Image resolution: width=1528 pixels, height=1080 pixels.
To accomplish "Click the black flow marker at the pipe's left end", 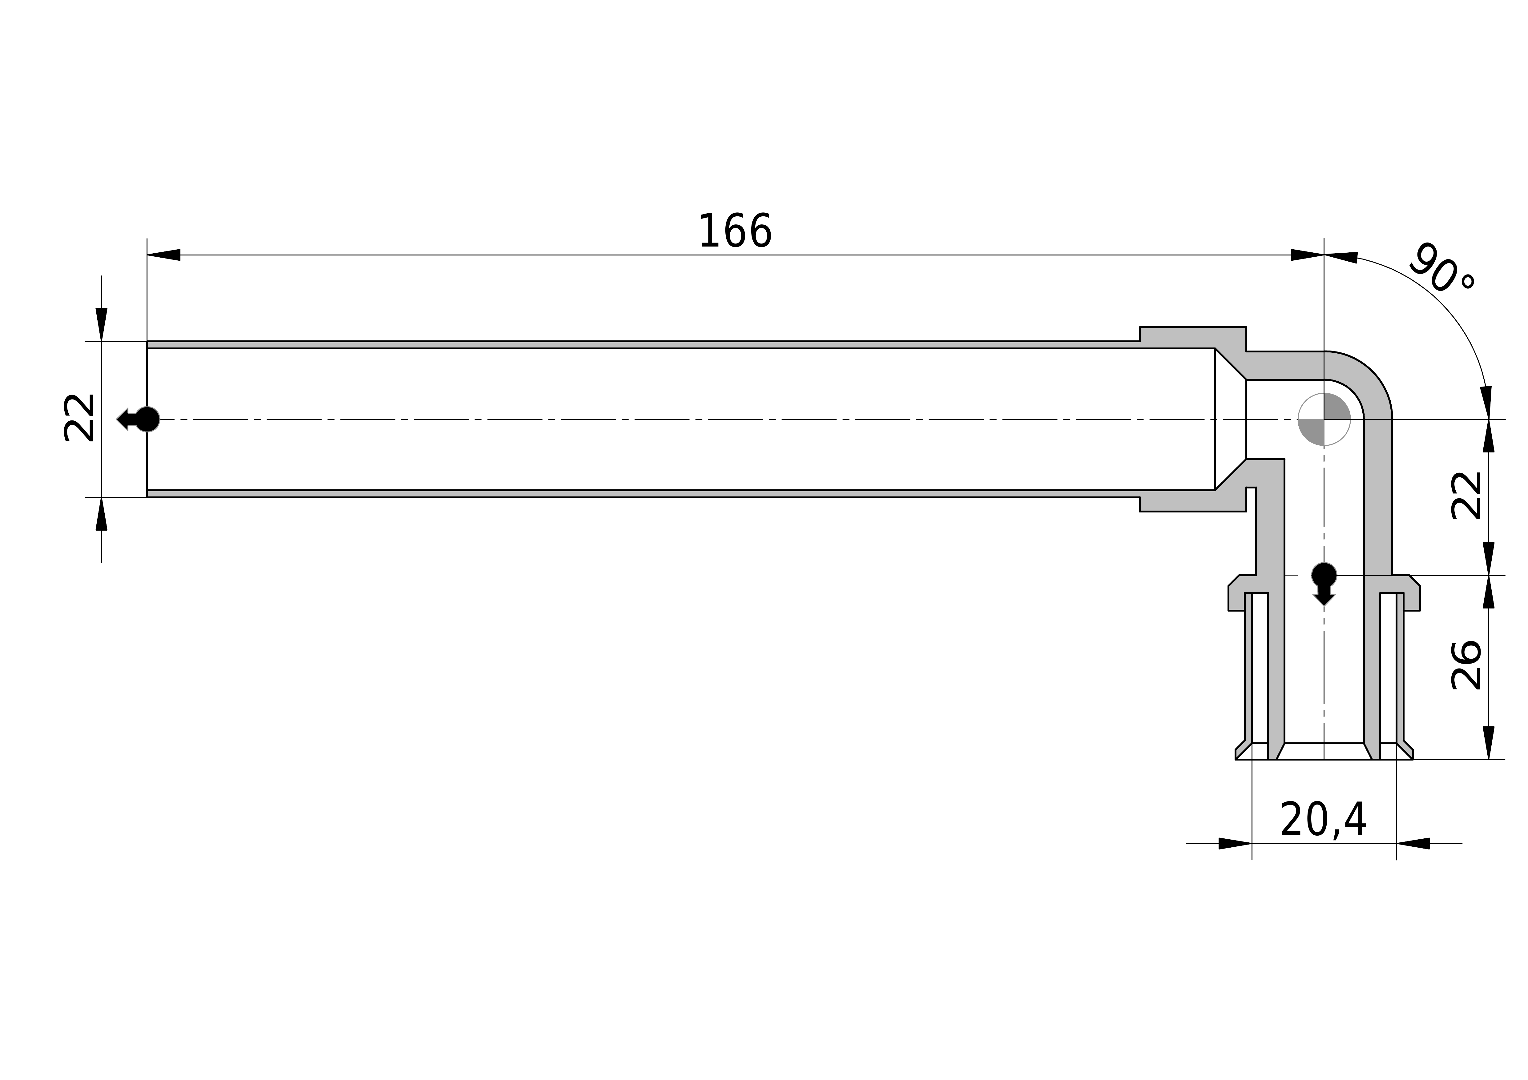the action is pos(139,419).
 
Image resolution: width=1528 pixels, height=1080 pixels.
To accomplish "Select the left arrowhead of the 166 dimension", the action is pos(164,255).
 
